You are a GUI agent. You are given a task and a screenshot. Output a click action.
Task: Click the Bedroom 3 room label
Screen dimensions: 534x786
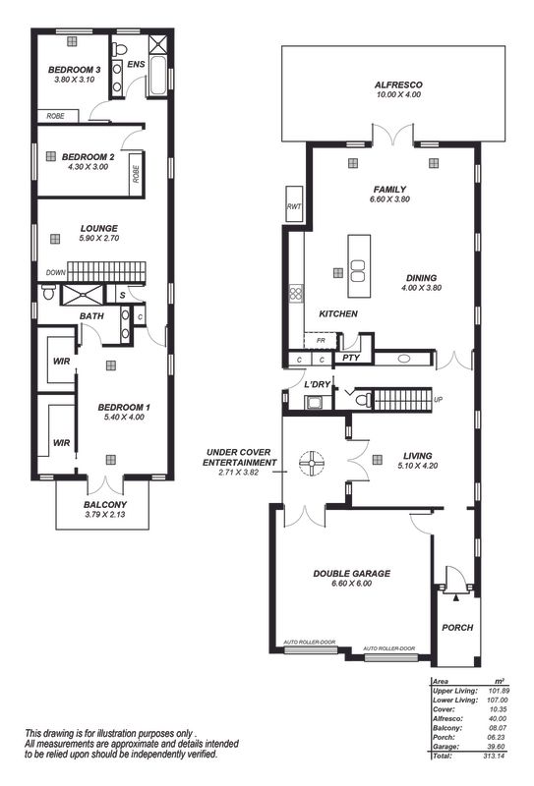pyautogui.click(x=75, y=70)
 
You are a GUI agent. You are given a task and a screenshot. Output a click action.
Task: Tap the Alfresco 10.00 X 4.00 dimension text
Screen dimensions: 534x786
pyautogui.click(x=398, y=94)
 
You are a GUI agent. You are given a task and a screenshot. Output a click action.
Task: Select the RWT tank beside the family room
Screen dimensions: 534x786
pyautogui.click(x=294, y=204)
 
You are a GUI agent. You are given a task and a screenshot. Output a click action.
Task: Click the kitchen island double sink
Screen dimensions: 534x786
pyautogui.click(x=357, y=271)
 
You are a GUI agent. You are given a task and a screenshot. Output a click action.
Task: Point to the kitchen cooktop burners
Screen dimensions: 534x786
pyautogui.click(x=296, y=293)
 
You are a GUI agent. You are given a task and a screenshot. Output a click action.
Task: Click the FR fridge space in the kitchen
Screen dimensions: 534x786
pyautogui.click(x=321, y=341)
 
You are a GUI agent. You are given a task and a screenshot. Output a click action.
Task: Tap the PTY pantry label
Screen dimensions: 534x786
pyautogui.click(x=351, y=358)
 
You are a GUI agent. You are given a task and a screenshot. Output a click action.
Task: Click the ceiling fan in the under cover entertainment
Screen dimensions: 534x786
pyautogui.click(x=312, y=463)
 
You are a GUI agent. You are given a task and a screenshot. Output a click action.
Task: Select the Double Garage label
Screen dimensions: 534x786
pyautogui.click(x=351, y=574)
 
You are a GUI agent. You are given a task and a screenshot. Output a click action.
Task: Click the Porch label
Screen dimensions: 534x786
pyautogui.click(x=457, y=627)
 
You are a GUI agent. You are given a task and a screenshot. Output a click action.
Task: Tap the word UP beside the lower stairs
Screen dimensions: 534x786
pyautogui.click(x=439, y=400)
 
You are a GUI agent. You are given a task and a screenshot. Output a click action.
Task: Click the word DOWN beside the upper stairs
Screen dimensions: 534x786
pyautogui.click(x=56, y=273)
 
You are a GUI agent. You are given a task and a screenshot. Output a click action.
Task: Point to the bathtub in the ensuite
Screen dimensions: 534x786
pyautogui.click(x=157, y=76)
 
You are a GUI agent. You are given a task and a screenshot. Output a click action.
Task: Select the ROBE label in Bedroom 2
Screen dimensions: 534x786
pyautogui.click(x=136, y=175)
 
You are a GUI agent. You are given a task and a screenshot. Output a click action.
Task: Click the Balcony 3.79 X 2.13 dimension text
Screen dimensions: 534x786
pyautogui.click(x=105, y=514)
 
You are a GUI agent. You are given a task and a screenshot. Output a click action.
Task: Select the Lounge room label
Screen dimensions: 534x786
pyautogui.click(x=99, y=229)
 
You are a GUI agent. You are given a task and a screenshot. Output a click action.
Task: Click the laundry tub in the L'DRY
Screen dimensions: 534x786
pyautogui.click(x=314, y=403)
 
